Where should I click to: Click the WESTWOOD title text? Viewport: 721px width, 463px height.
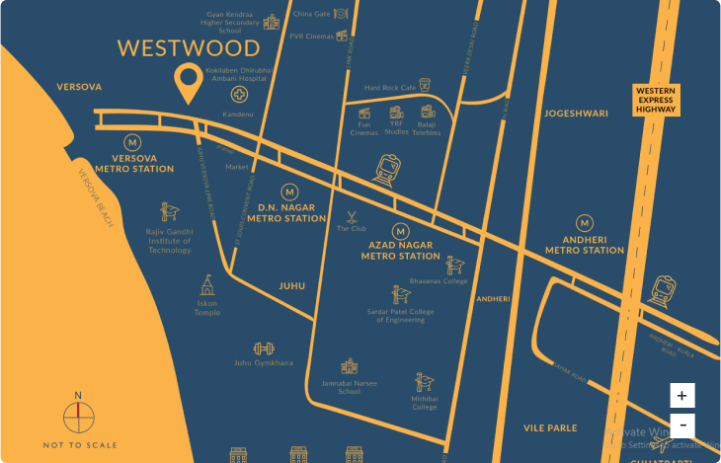point(189,48)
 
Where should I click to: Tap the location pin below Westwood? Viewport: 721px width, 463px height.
point(186,83)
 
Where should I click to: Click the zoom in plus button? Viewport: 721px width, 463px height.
point(681,395)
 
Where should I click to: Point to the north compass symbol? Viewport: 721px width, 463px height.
point(78,417)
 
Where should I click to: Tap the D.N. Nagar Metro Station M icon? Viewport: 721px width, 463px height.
point(289,192)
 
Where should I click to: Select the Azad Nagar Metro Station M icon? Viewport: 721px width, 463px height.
point(400,231)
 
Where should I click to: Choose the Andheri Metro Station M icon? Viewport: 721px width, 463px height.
point(585,223)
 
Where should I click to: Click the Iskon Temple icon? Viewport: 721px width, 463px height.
point(207,286)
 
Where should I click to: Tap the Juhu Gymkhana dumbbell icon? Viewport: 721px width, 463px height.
point(263,348)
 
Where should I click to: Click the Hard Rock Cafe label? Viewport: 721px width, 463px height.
point(392,87)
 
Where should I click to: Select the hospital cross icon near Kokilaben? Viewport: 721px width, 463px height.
point(239,95)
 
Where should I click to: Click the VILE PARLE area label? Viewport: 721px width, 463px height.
point(550,427)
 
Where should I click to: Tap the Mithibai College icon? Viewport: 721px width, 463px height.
point(425,382)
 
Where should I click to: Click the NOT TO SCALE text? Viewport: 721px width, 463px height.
point(79,445)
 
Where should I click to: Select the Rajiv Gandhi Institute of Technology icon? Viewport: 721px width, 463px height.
point(169,211)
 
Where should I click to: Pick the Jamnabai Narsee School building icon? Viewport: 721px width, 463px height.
point(349,366)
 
